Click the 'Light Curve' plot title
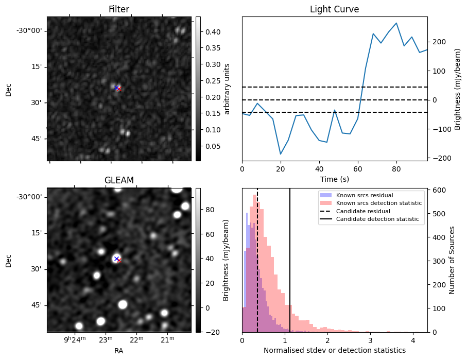click(x=334, y=9)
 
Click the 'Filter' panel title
click(x=118, y=9)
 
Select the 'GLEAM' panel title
click(x=118, y=180)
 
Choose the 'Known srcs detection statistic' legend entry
click(x=378, y=203)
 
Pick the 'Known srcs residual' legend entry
click(x=364, y=195)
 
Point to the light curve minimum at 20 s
click(x=281, y=154)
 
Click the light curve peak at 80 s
click(x=396, y=23)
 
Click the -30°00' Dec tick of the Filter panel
click(x=29, y=30)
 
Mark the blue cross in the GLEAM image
click(x=116, y=259)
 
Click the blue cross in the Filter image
click(x=116, y=88)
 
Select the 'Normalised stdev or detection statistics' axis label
click(x=334, y=350)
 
